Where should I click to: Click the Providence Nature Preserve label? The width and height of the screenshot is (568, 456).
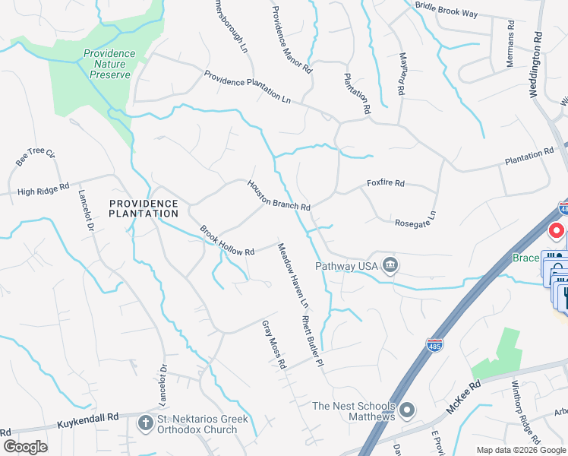pos(109,64)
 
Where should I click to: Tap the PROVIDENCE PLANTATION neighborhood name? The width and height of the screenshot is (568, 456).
pos(144,208)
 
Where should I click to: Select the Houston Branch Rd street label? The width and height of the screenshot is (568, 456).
pos(278,196)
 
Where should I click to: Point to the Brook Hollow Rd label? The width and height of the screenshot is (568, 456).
pos(227,240)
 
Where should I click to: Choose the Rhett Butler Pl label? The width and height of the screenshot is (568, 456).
pos(312,343)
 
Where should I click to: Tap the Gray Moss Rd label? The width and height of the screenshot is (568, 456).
pos(273,344)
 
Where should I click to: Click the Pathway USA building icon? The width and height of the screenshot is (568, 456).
pos(390,265)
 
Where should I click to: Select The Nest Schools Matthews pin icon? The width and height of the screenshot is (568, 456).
pos(407,411)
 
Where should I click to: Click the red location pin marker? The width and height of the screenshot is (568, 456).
pos(556,230)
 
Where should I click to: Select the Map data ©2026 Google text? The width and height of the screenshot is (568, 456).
pos(520,450)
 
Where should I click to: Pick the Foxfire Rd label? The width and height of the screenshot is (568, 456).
pos(386,183)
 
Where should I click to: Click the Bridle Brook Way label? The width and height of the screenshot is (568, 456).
pos(447,9)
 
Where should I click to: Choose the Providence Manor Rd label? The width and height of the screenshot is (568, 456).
pos(292,39)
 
